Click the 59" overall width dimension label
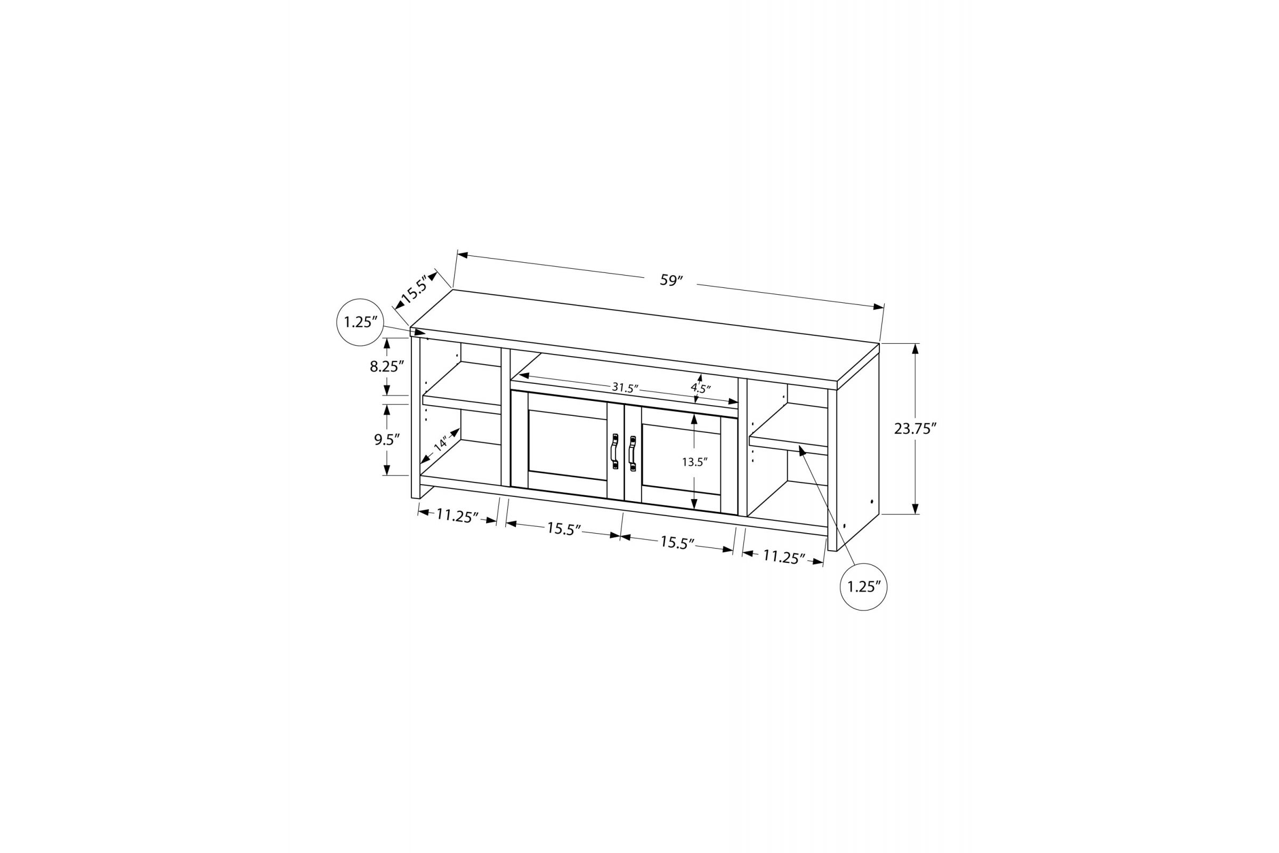(671, 281)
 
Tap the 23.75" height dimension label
(915, 429)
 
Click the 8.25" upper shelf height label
(387, 367)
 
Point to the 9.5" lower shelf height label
(387, 439)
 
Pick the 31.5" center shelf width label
(625, 388)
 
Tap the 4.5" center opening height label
(701, 389)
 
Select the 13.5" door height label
(695, 462)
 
